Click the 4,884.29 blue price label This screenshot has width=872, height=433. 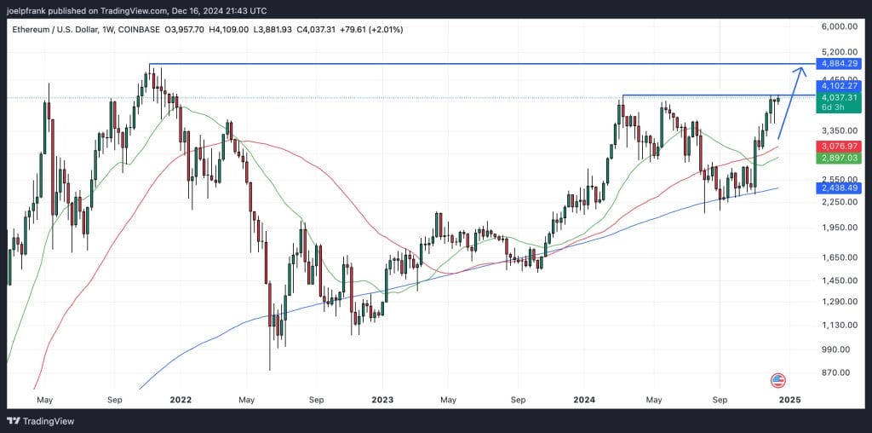pyautogui.click(x=838, y=64)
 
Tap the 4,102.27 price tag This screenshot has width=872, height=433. pyautogui.click(x=838, y=86)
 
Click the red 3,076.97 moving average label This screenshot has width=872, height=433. pyautogui.click(x=838, y=147)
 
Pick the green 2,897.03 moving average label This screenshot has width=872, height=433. pyautogui.click(x=838, y=159)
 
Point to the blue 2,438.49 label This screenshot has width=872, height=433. pyautogui.click(x=838, y=188)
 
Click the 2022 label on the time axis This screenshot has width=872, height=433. pyautogui.click(x=179, y=398)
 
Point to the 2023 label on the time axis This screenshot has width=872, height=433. pyautogui.click(x=382, y=398)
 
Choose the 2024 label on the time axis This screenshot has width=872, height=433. pyautogui.click(x=583, y=398)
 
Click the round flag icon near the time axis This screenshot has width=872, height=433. pyautogui.click(x=777, y=380)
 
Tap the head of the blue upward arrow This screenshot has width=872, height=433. pyautogui.click(x=800, y=69)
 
